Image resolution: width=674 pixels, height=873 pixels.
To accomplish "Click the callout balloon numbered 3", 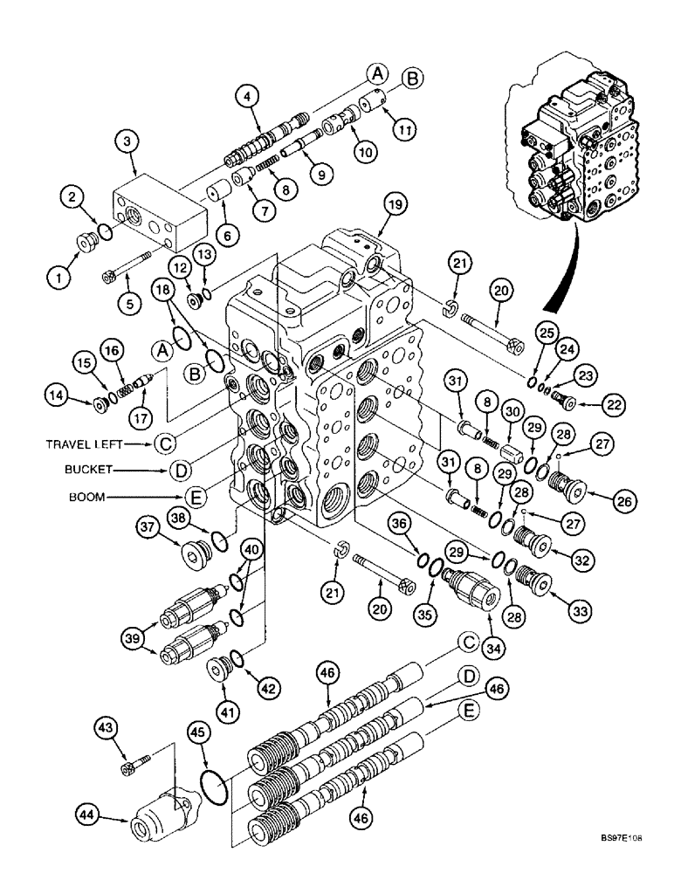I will pos(127,141).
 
